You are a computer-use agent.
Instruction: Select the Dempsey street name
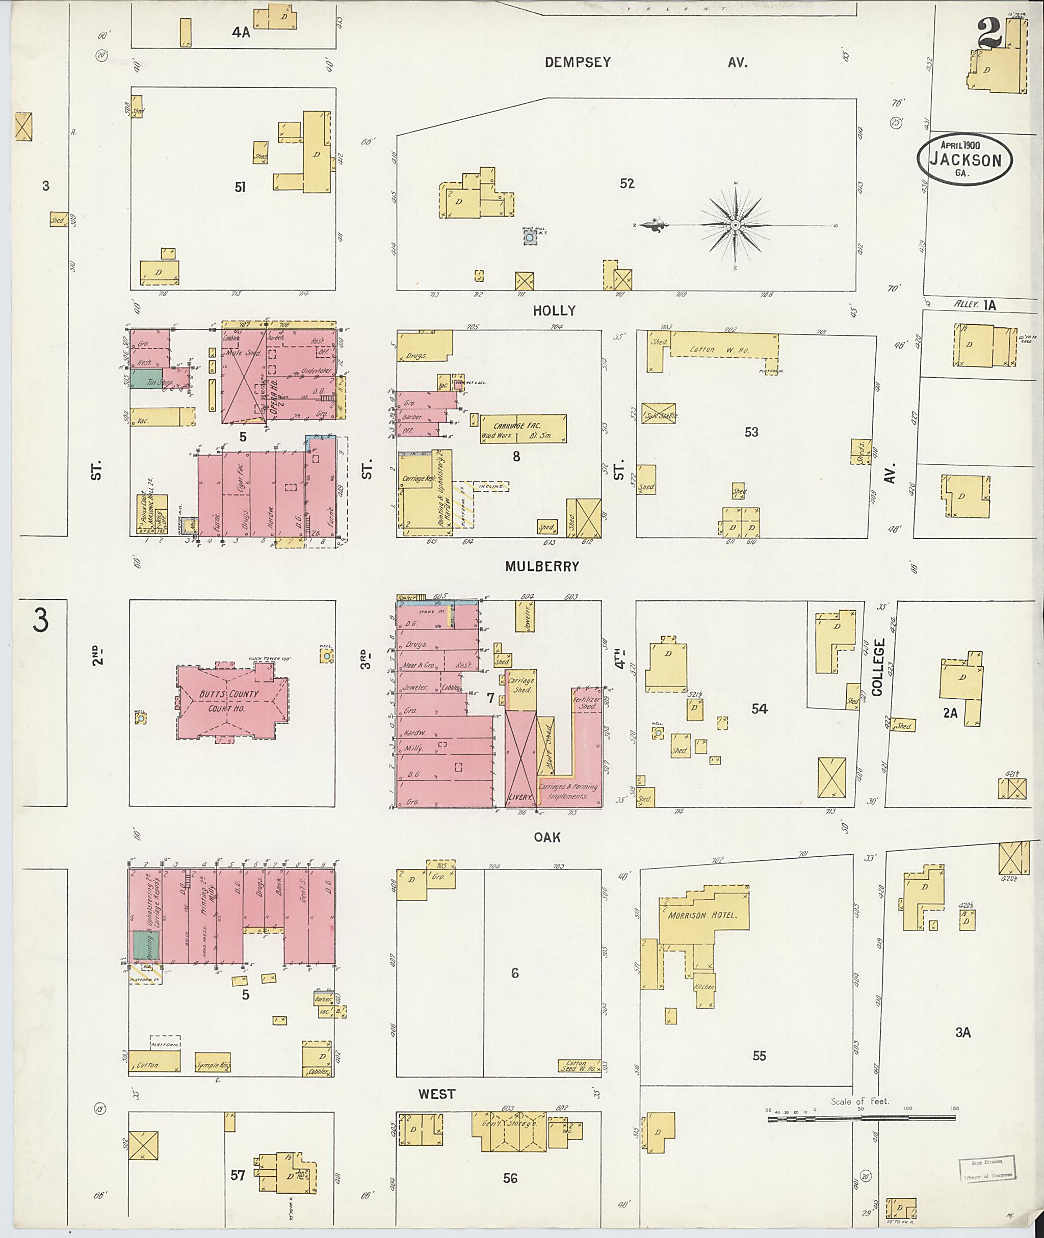[x=578, y=62]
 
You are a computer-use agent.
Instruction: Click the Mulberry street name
[x=541, y=566]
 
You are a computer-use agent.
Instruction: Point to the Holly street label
[x=554, y=311]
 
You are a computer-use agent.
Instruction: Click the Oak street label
[x=547, y=837]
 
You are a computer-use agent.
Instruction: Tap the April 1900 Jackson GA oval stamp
[x=964, y=161]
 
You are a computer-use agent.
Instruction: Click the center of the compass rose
[x=735, y=225]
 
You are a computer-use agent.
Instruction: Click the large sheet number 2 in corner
[x=990, y=34]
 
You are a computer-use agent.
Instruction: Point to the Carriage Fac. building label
[x=517, y=426]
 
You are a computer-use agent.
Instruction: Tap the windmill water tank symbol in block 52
[x=529, y=238]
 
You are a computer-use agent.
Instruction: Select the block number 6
[x=514, y=973]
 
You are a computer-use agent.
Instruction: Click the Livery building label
[x=521, y=797]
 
